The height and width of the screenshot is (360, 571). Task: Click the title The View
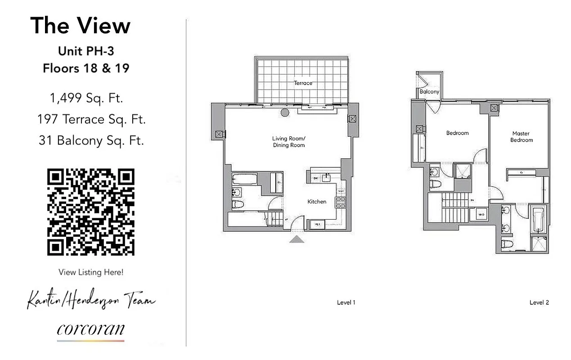point(80,26)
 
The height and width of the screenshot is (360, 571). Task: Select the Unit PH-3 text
point(86,51)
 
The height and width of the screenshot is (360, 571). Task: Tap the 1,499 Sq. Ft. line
point(86,98)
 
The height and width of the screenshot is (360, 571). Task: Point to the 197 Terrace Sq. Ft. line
point(92,119)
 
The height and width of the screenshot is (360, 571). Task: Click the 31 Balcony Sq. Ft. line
point(91,140)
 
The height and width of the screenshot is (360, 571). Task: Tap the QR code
point(91,212)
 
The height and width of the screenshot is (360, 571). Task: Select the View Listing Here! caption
point(91,272)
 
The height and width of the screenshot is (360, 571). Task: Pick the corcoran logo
point(91,329)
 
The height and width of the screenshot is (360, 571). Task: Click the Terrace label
point(303,83)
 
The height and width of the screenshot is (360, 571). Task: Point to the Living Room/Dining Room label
point(288,141)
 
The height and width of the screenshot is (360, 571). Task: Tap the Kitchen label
point(317,202)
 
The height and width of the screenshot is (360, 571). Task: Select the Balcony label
point(429,92)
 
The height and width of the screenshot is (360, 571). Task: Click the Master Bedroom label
point(522,136)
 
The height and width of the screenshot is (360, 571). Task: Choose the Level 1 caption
point(346,303)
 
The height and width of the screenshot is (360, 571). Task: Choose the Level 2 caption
point(539,303)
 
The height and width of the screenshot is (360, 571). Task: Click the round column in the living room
point(285,112)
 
